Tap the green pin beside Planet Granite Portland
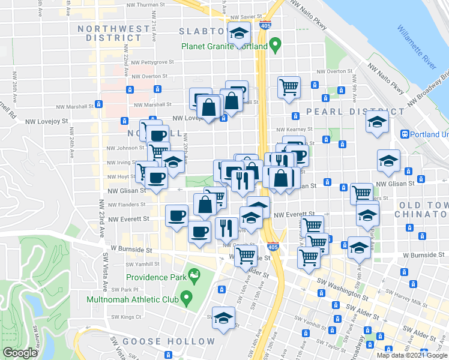click(x=275, y=44)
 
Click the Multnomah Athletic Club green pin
click(x=186, y=297)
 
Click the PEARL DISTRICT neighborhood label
click(x=355, y=112)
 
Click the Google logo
click(x=20, y=353)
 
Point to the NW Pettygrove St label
click(x=152, y=61)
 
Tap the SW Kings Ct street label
click(x=125, y=316)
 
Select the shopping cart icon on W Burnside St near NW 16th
click(x=246, y=256)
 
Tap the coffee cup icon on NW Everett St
click(x=176, y=216)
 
